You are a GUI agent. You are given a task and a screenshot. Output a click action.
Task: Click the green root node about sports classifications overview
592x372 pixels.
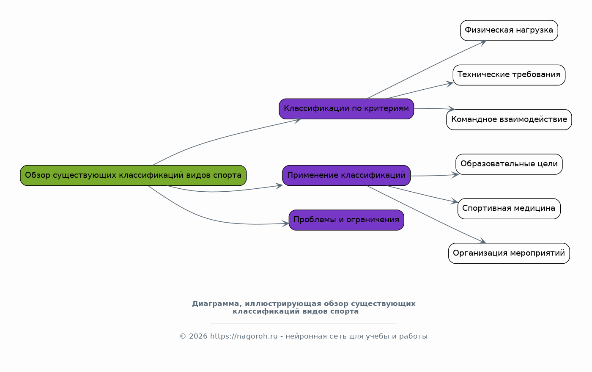133,175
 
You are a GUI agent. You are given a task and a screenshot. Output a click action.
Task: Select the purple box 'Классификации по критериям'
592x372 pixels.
346,109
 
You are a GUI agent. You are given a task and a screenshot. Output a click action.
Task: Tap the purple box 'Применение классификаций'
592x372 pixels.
346,175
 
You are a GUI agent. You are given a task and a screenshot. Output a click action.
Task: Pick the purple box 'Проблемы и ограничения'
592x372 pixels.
346,220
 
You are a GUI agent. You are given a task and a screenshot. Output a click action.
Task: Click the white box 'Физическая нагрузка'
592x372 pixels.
509,30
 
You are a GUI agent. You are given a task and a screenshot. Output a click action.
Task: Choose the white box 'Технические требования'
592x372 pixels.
509,75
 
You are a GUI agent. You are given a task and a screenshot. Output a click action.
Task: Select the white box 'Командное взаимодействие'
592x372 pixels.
509,119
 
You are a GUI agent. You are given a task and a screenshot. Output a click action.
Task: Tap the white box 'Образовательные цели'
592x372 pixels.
509,164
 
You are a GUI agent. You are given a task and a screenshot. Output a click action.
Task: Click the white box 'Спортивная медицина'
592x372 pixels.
509,209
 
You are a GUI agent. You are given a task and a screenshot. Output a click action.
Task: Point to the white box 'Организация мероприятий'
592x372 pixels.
509,253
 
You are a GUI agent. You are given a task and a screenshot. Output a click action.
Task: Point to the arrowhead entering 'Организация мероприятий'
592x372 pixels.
482,242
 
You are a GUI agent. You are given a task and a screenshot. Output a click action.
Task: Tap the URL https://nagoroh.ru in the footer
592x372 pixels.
244,336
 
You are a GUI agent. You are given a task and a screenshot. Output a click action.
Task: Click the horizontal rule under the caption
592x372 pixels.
304,323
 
